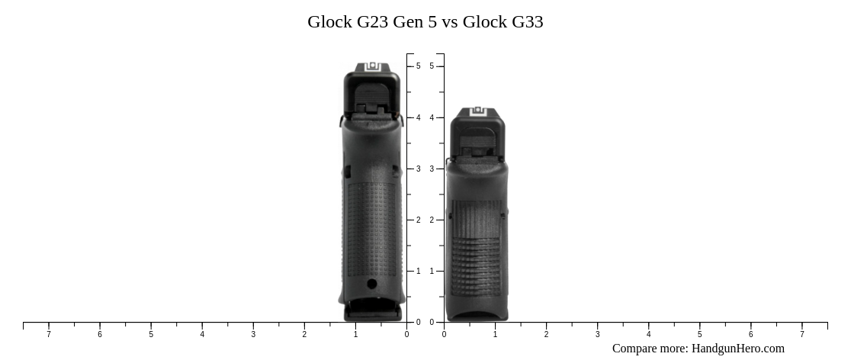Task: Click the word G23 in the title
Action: [x=372, y=22]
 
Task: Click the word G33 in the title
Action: [x=528, y=22]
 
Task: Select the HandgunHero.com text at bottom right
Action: [x=737, y=349]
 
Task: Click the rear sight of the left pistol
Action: [x=372, y=68]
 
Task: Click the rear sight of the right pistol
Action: [x=478, y=111]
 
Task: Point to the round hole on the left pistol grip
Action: [x=372, y=284]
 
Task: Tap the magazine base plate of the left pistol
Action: [x=372, y=312]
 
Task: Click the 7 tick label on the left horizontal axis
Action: [x=49, y=334]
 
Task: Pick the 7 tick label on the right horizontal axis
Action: [x=801, y=334]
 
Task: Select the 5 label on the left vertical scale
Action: [x=419, y=66]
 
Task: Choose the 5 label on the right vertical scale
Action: [x=432, y=66]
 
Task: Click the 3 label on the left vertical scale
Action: [x=419, y=169]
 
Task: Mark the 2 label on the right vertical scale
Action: [x=432, y=220]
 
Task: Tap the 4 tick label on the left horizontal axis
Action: [x=202, y=334]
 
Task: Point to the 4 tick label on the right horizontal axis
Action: [x=648, y=334]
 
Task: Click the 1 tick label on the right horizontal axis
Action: [x=495, y=334]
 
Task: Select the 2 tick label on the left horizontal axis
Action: [x=304, y=334]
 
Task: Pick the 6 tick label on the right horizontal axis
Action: [x=750, y=334]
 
